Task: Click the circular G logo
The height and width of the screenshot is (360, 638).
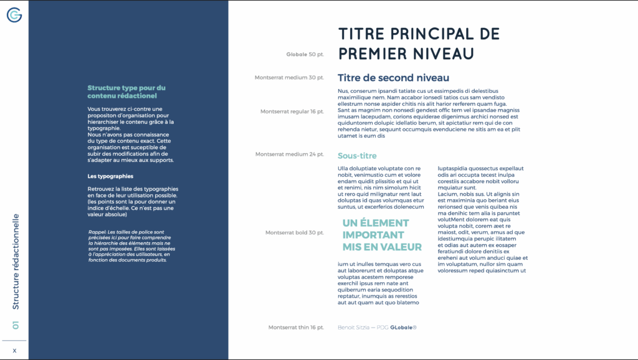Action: (14, 15)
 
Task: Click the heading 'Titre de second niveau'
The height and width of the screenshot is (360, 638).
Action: (393, 78)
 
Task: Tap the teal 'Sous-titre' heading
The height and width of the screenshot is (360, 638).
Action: (357, 156)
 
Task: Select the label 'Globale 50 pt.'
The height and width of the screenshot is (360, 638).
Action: (305, 55)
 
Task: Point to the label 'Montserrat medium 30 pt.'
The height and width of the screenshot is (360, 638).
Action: (289, 78)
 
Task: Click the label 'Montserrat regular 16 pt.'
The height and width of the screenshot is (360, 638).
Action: (292, 111)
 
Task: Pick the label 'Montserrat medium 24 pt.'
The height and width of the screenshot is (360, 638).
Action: (290, 154)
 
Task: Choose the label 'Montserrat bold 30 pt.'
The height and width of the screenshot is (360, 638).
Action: (295, 233)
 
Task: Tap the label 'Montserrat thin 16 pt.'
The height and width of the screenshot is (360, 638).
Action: (296, 327)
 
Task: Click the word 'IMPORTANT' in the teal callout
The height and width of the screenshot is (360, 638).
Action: (373, 235)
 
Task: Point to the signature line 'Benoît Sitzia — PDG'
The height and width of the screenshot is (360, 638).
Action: (363, 327)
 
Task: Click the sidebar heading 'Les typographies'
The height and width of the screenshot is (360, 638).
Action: (111, 176)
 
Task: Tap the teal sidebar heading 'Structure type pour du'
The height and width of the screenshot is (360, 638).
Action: (126, 88)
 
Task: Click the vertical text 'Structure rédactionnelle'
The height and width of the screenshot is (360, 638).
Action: (16, 262)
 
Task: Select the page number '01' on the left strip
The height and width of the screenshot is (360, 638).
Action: (16, 325)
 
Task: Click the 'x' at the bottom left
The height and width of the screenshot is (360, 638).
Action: (14, 351)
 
